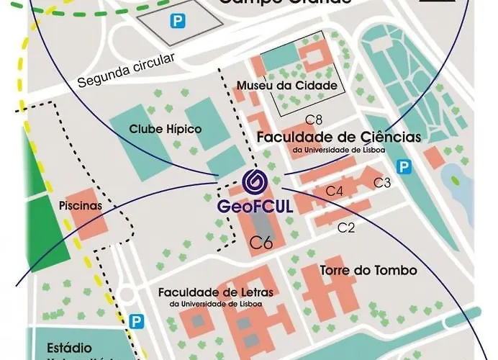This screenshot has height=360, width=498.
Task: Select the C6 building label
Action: pyautogui.click(x=261, y=243)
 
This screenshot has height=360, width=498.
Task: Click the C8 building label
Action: pyautogui.click(x=314, y=120)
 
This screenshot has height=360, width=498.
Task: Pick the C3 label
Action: pyautogui.click(x=381, y=183)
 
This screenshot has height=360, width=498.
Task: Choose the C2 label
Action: pyautogui.click(x=347, y=228)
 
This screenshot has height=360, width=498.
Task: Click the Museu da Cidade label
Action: pyautogui.click(x=286, y=86)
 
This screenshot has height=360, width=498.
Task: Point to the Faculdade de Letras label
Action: pyautogui.click(x=207, y=293)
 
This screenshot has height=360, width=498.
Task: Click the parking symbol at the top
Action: pyautogui.click(x=175, y=22)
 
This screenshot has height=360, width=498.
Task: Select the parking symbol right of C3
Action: pyautogui.click(x=404, y=166)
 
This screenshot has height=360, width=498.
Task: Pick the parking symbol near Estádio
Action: pyautogui.click(x=136, y=319)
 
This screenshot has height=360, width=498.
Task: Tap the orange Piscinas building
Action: pyautogui.click(x=92, y=226)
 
